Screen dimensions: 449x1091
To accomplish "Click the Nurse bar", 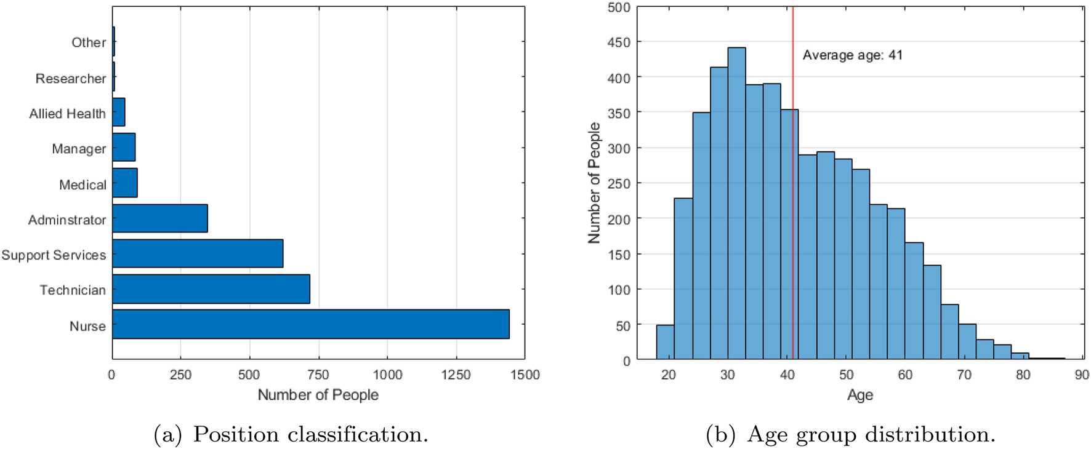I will tap(310, 324).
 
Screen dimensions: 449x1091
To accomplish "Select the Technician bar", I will tap(211, 289).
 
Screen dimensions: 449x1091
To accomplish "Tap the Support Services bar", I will tap(197, 253).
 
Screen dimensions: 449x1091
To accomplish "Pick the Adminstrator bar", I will tap(159, 218).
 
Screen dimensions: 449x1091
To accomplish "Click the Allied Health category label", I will tap(67, 114).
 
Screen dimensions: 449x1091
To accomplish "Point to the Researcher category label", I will tap(70, 79).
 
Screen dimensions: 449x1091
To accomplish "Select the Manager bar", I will tap(123, 148).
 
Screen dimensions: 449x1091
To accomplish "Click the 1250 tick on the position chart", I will tap(456, 375).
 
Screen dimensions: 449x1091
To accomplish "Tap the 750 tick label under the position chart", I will tap(318, 375).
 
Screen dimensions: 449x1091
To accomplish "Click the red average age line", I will tap(793, 185).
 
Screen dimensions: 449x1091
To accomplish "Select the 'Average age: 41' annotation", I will tap(852, 55).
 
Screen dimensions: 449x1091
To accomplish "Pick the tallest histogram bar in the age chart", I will tap(736, 203).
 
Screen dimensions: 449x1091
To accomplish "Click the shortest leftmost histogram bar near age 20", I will tap(665, 342).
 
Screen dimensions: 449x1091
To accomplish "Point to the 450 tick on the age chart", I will tap(619, 42).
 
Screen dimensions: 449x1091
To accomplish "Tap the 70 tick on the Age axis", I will tap(964, 375).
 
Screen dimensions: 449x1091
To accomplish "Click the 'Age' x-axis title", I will tap(860, 395).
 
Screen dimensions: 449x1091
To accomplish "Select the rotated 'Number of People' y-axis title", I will tap(594, 183).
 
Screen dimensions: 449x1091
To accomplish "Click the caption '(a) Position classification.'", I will tap(291, 434).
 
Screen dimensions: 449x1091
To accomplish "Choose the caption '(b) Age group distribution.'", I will tap(850, 434).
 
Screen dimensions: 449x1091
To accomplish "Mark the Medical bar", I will tap(124, 183).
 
